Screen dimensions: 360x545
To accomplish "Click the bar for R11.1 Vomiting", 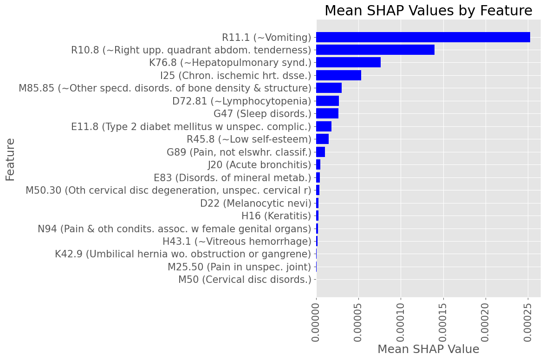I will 423,37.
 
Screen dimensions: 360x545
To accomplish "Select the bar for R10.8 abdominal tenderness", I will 375,50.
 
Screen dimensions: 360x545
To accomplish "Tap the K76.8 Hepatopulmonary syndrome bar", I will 348,62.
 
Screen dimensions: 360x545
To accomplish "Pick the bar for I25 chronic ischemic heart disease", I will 338,75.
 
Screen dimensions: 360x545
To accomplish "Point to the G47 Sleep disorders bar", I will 327,113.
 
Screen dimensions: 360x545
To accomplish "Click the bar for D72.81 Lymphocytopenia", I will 327,101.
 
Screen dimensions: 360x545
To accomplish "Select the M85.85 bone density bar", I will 329,88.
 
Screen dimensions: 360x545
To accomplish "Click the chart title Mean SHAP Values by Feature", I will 428,11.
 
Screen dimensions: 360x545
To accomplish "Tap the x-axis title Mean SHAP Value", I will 428,349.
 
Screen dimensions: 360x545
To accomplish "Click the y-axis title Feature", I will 10,159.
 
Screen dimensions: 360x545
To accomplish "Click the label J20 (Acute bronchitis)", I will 260,164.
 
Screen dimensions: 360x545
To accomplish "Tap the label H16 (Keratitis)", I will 276,216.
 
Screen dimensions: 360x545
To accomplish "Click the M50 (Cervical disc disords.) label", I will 245,280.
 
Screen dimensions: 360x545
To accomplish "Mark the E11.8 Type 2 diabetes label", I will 191,126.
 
